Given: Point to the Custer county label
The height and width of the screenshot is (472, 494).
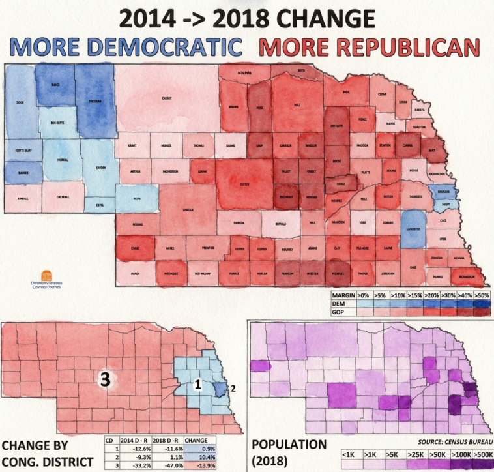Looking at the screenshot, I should tap(245, 184).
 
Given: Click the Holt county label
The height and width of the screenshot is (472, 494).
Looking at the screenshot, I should tap(297, 103).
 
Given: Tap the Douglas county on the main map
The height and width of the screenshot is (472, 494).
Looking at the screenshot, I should tap(445, 192).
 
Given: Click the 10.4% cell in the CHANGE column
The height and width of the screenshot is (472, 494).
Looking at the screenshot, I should tap(199, 457).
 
